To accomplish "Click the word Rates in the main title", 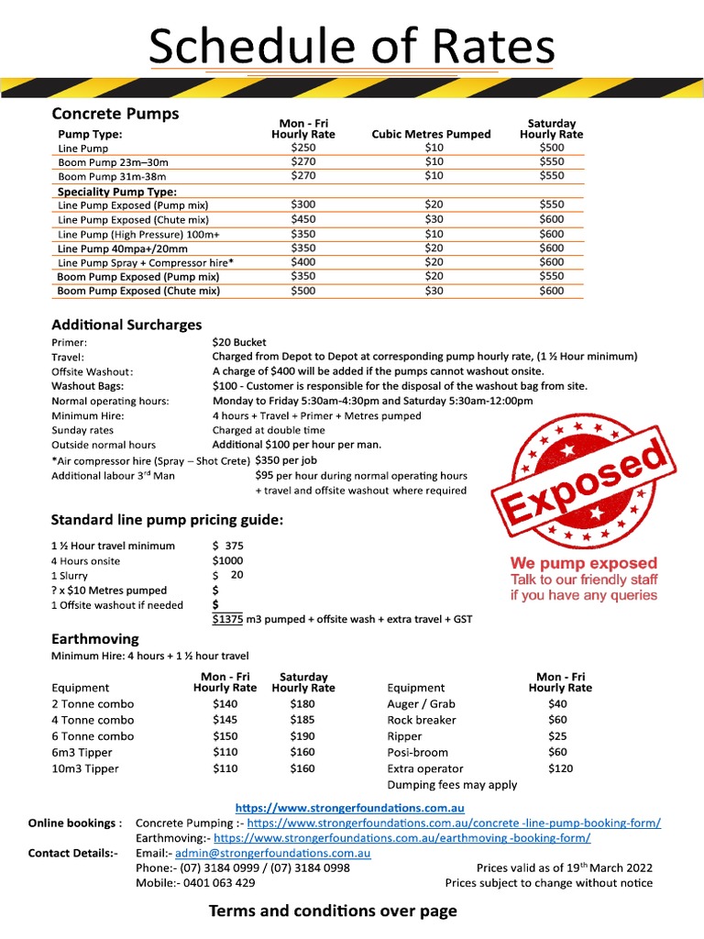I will [482, 46].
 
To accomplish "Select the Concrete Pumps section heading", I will [115, 114].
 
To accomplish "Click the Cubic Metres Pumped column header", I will [431, 134].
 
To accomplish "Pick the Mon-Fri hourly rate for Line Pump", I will [302, 148].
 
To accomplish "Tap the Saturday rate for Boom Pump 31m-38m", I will [552, 175].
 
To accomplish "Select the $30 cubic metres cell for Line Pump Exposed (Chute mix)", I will [434, 220].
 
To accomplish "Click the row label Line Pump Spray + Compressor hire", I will [146, 262].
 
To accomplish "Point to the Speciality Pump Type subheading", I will [116, 192].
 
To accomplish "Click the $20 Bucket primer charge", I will [239, 342].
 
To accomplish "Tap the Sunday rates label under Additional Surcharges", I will [82, 430].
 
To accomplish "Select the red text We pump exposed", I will [584, 563].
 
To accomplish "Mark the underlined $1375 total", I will [227, 620].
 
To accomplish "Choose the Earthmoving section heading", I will [95, 639].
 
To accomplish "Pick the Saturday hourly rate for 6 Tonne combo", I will [302, 736].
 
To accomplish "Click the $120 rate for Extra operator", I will [559, 768].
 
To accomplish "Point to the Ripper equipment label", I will [405, 736].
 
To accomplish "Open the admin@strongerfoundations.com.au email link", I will [272, 853].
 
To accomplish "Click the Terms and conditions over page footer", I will [333, 911].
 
